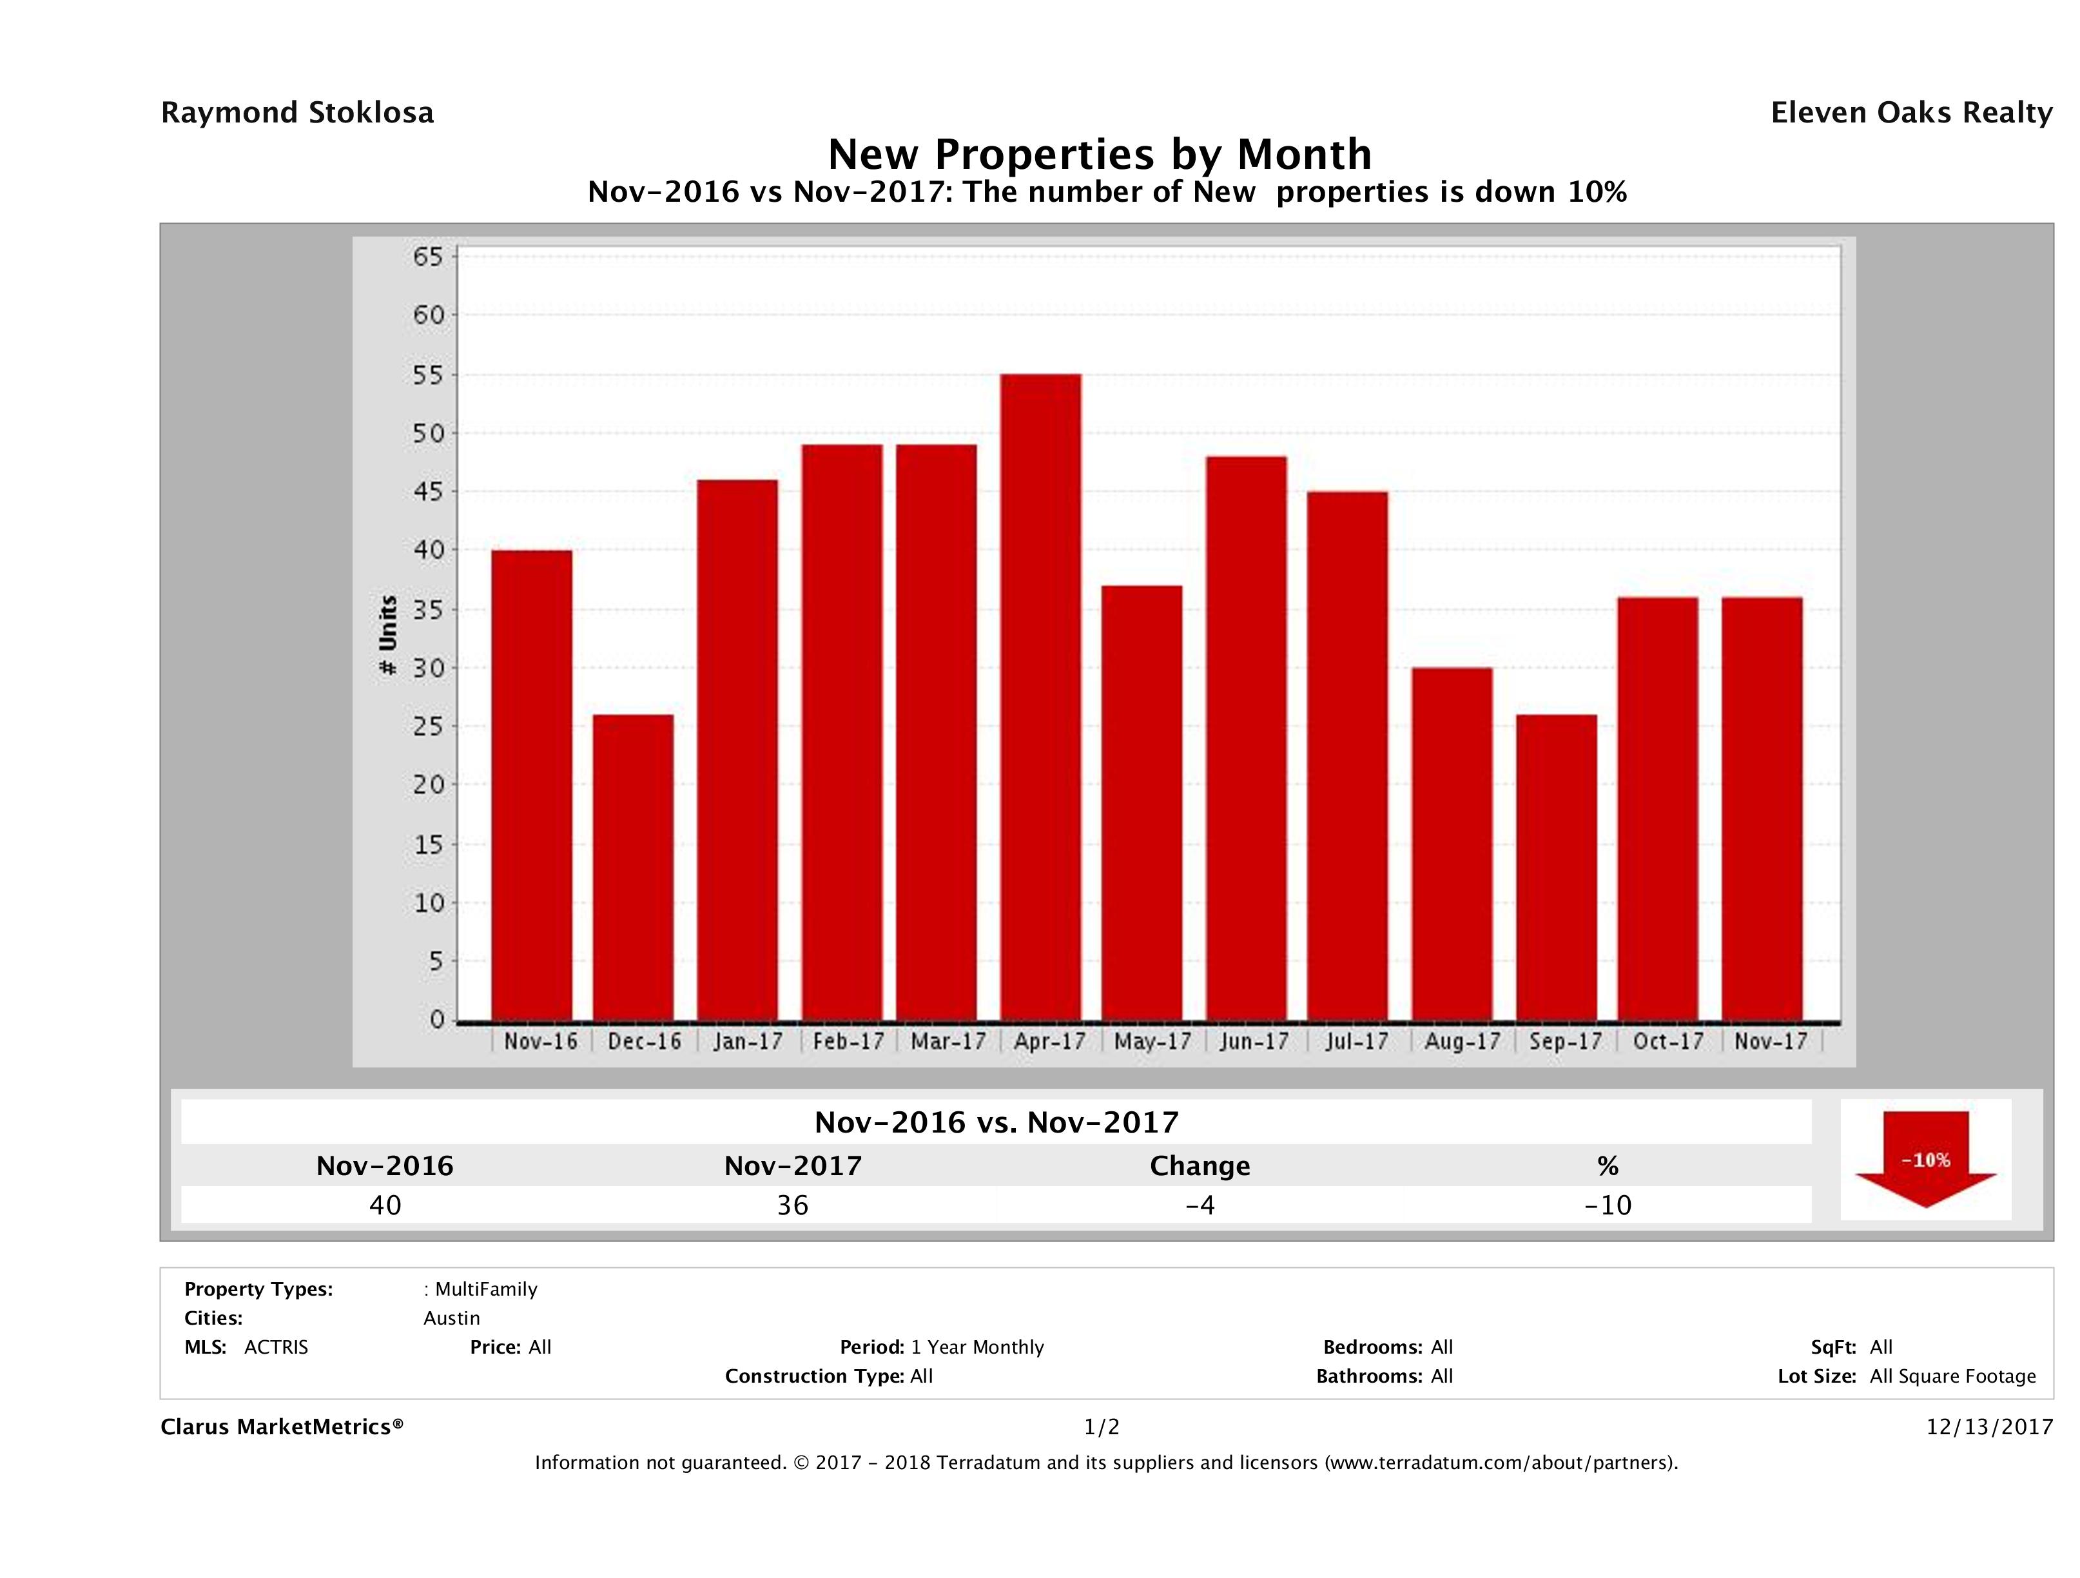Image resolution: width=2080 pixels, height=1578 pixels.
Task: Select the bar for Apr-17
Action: coord(1040,696)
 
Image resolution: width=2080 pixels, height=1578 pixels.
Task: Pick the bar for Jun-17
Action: coord(1246,738)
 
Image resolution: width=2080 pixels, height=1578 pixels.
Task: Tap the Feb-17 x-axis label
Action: coord(848,1041)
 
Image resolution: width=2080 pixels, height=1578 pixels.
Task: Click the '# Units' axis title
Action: coord(387,636)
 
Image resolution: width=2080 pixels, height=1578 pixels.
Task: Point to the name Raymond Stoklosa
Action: coord(297,113)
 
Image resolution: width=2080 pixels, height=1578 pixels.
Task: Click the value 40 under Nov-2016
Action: coord(385,1205)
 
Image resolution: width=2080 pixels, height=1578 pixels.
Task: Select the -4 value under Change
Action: coord(1200,1205)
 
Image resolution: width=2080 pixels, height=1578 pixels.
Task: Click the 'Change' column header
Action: coord(1200,1166)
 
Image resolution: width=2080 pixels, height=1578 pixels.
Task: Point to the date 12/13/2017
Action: coord(1988,1427)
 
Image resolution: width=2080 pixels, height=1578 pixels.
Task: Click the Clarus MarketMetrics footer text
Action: coord(282,1427)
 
